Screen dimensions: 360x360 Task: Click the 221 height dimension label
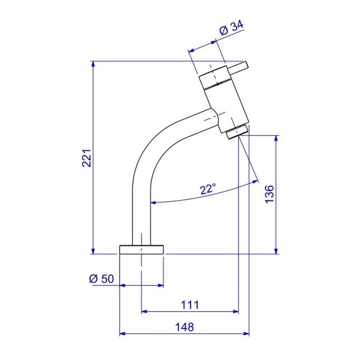[x=87, y=158]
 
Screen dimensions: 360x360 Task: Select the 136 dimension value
[x=269, y=194]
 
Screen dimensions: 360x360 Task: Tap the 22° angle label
[x=208, y=189]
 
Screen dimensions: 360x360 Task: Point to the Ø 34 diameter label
[x=231, y=29]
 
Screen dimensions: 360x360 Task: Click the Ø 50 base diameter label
[x=102, y=279]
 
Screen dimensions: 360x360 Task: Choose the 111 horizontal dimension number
[x=190, y=305]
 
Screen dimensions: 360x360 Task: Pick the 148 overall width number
[x=184, y=327]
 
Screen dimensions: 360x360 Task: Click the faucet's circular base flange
[x=141, y=250]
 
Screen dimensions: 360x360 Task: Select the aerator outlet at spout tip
[x=237, y=131]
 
